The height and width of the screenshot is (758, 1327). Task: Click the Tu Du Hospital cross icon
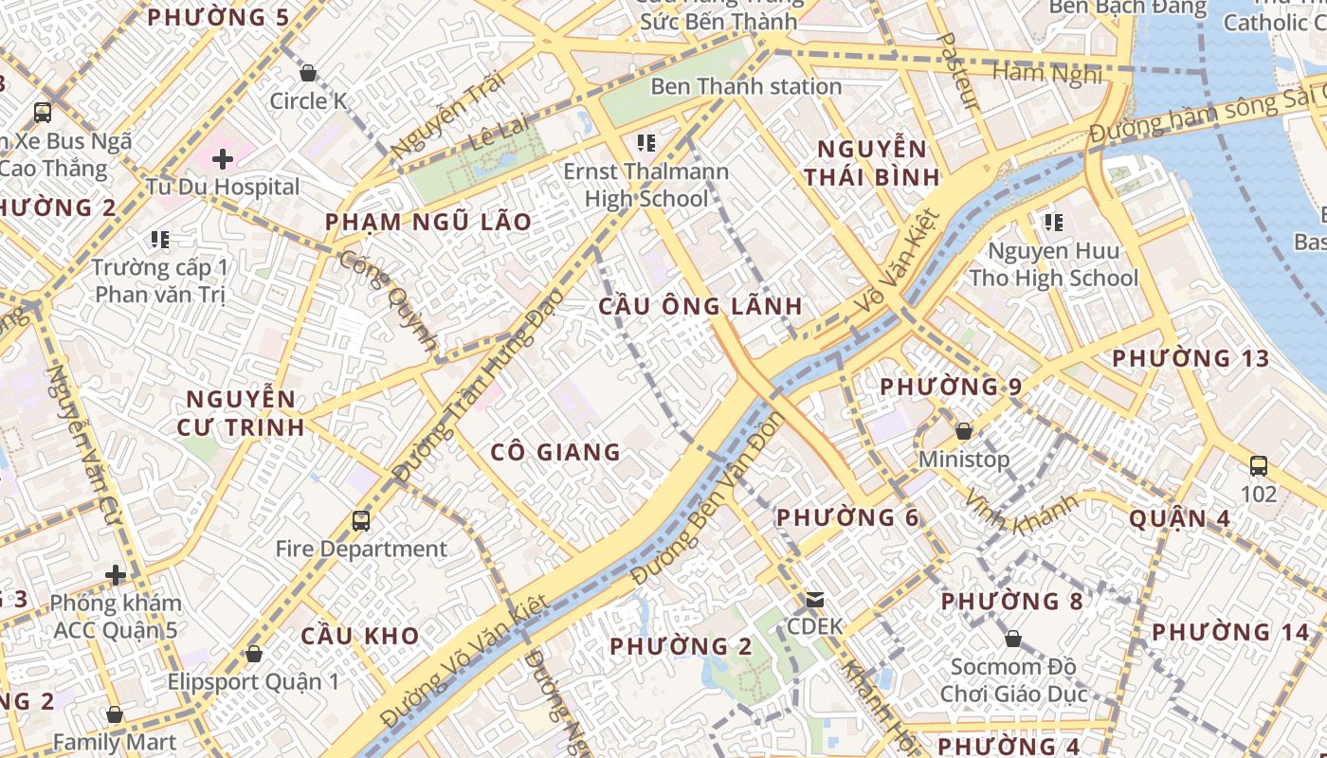click(222, 158)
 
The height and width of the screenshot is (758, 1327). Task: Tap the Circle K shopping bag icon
click(307, 73)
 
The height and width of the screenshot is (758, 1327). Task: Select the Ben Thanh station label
click(745, 86)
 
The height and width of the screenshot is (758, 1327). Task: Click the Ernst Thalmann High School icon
click(646, 143)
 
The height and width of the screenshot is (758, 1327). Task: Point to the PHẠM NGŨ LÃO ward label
click(428, 222)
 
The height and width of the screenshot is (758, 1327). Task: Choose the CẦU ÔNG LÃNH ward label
click(700, 306)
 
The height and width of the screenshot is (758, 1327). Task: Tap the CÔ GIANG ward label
click(555, 452)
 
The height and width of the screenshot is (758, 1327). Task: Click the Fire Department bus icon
click(360, 520)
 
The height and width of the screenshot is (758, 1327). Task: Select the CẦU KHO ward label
click(360, 636)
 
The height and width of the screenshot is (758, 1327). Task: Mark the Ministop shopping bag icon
click(964, 431)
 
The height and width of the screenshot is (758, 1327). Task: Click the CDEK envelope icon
click(814, 599)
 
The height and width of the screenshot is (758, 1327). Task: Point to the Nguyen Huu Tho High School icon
click(1053, 223)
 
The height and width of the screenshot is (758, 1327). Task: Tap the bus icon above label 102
click(1258, 465)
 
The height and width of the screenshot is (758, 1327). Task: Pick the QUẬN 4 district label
click(1180, 518)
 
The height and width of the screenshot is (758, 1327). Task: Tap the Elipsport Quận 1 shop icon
click(253, 653)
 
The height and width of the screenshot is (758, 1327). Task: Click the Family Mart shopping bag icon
click(115, 714)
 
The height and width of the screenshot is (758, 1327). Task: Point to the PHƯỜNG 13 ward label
click(1191, 358)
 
